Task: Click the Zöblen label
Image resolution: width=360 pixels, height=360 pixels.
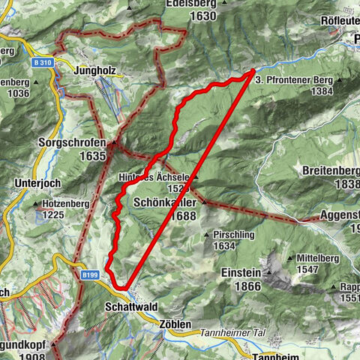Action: point(175,322)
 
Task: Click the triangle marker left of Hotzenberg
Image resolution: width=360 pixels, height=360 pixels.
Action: point(37,203)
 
